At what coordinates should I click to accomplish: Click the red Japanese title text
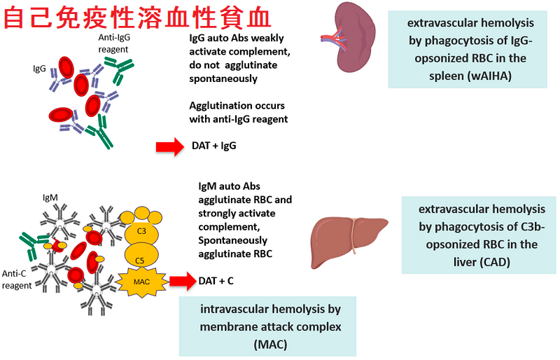pyautogui.click(x=137, y=18)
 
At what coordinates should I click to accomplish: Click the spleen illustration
pyautogui.click(x=353, y=36)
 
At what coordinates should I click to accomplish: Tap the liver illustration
pyautogui.click(x=349, y=241)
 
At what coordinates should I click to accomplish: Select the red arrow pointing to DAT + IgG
pyautogui.click(x=170, y=146)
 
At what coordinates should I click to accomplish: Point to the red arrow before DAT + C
pyautogui.click(x=183, y=281)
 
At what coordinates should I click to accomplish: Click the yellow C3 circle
pyautogui.click(x=141, y=231)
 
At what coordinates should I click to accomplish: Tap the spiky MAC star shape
pyautogui.click(x=142, y=282)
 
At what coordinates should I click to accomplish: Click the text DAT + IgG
pyautogui.click(x=214, y=146)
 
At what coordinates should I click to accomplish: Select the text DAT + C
pyautogui.click(x=216, y=281)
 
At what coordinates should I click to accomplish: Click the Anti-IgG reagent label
pyautogui.click(x=114, y=43)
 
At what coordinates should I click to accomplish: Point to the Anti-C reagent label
pyautogui.click(x=16, y=279)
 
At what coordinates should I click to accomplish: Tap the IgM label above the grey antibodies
pyautogui.click(x=50, y=198)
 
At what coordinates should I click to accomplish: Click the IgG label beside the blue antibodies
pyautogui.click(x=39, y=68)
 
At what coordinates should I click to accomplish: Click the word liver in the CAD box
pyautogui.click(x=464, y=262)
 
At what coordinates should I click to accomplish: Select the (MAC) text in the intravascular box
pyautogui.click(x=270, y=345)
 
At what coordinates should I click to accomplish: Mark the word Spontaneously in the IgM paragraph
pyautogui.click(x=232, y=241)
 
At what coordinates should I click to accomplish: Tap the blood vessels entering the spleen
pyautogui.click(x=333, y=39)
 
